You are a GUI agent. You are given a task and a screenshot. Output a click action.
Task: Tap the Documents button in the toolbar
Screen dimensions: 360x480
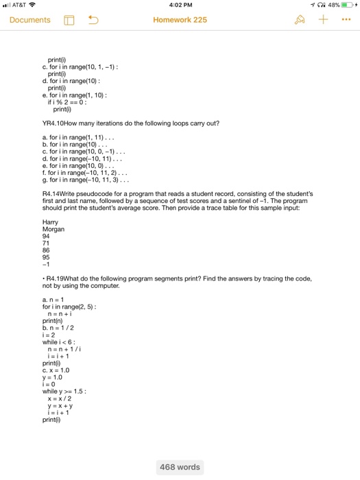coord(29,20)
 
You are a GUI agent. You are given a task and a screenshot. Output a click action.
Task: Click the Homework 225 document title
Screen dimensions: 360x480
coord(180,20)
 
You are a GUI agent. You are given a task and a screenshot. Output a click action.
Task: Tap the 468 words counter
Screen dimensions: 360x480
coord(180,467)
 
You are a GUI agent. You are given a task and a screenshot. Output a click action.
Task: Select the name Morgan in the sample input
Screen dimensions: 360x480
coord(53,229)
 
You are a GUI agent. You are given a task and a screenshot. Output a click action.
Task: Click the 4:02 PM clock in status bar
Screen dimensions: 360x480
coord(180,5)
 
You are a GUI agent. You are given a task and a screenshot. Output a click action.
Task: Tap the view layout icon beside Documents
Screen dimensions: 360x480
coord(69,20)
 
